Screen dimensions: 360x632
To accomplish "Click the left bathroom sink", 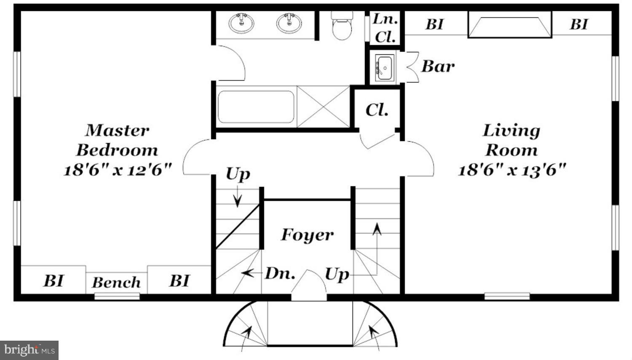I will pos(241,23).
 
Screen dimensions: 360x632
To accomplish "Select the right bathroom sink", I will pos(289,23).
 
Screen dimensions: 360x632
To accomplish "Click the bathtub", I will pos(256,107).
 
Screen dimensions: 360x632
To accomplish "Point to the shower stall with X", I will pos(323,107).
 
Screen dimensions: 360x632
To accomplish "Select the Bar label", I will pos(438,66).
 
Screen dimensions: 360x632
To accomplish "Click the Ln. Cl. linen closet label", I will pos(385,28).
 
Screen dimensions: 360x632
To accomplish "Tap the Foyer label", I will pos(307,235).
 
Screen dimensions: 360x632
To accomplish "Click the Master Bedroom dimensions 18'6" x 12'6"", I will pos(118,170).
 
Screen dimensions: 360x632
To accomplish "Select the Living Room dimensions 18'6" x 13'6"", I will pos(511,170).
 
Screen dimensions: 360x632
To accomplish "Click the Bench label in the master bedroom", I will pos(116,283).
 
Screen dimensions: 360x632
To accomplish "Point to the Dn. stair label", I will pos(280,274).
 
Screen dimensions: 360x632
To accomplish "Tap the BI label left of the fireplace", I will pos(434,24).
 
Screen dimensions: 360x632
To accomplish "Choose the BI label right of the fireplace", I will pos(578,24).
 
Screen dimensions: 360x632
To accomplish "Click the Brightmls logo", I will pos(29,350).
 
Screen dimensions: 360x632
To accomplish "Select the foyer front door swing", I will pos(309,284).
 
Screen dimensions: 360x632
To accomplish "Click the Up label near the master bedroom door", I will pos(238,174).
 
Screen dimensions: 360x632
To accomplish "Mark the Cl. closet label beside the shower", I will pos(377,110).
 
